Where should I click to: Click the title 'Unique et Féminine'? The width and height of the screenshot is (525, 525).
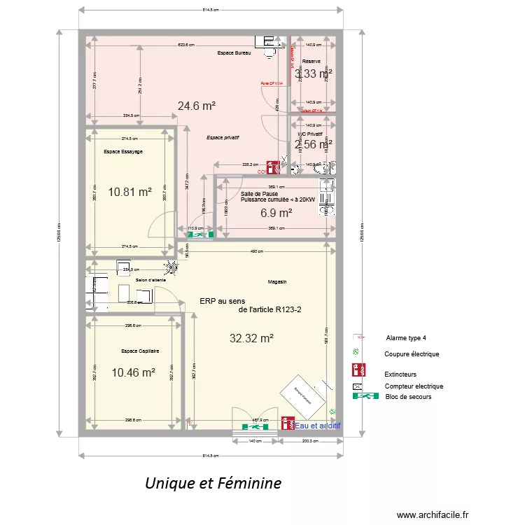tap(213, 484)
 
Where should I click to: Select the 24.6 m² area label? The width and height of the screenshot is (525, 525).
tap(196, 106)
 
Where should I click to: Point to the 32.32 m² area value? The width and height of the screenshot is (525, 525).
tap(251, 338)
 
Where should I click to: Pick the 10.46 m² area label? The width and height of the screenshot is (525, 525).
tap(133, 372)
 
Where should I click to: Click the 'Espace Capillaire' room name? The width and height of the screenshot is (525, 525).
tap(140, 351)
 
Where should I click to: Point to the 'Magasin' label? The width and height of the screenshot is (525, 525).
tap(278, 281)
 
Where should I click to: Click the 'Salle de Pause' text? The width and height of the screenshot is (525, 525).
tap(259, 194)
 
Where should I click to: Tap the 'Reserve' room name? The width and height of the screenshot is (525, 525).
tap(311, 62)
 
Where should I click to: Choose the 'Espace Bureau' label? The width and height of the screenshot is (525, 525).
tap(234, 53)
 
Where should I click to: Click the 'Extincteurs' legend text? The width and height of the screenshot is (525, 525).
tap(400, 375)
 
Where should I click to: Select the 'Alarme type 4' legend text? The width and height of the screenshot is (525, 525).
tap(405, 337)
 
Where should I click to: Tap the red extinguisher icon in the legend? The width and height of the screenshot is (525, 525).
tap(357, 369)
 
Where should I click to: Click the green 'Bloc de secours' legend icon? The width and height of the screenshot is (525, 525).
tap(365, 396)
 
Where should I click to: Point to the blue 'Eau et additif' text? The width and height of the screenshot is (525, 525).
tap(317, 425)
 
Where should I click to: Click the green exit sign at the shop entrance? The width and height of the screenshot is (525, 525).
tap(255, 426)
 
